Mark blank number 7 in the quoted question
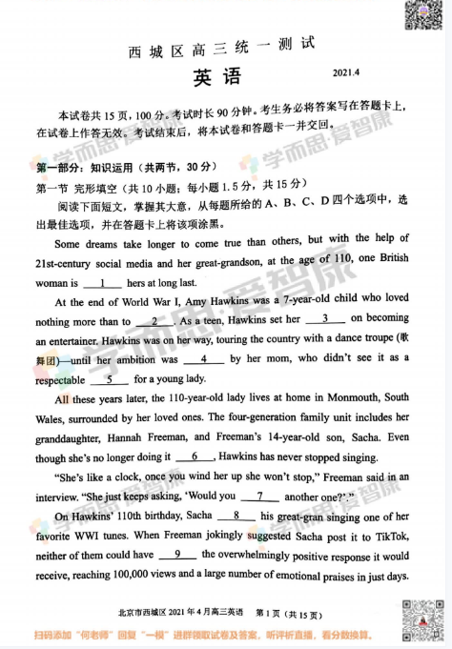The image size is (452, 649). (x=258, y=496)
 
